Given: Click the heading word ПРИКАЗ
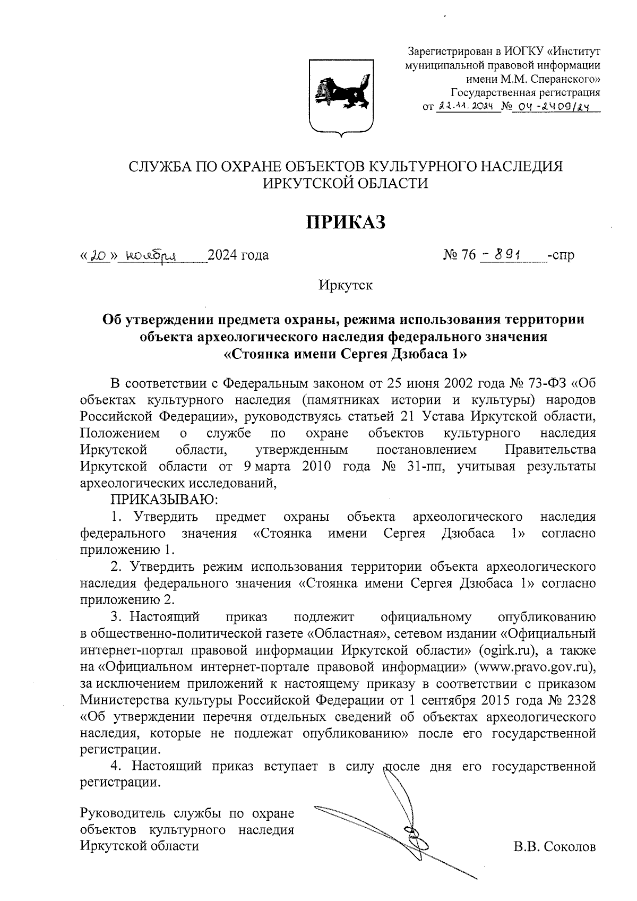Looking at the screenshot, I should point(345,222).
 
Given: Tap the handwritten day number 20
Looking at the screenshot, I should point(99,255).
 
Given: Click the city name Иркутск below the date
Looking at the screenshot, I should point(346,285).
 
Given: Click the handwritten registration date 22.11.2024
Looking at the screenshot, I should point(467,107).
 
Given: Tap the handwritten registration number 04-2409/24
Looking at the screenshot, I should point(554,107).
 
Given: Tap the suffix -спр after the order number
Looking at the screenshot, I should point(561,255).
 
